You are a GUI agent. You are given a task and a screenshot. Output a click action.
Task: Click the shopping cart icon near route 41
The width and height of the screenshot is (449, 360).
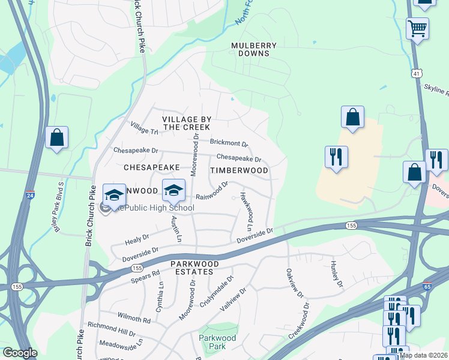417,28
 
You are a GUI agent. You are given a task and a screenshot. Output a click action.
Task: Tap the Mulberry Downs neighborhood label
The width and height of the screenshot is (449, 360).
255,49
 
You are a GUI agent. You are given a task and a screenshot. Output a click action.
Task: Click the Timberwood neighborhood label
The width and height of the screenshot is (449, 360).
239,170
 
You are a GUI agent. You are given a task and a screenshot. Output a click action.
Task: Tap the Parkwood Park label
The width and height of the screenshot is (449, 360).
217,342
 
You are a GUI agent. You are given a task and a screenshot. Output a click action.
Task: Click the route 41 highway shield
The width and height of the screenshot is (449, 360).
417,73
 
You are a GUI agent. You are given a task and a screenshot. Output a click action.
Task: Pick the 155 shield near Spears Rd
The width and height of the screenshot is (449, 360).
137,268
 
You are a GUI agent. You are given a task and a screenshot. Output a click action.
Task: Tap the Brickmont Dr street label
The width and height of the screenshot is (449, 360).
229,143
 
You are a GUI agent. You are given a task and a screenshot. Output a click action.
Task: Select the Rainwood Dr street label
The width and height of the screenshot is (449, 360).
212,191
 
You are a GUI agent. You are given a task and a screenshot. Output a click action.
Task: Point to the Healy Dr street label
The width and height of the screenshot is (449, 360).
136,240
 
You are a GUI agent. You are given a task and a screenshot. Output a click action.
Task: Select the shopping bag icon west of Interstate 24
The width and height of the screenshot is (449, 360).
56,137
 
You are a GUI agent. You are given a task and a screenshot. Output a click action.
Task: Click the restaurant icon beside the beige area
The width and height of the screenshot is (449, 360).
337,157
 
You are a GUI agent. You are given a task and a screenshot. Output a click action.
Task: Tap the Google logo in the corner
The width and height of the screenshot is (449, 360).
20,353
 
